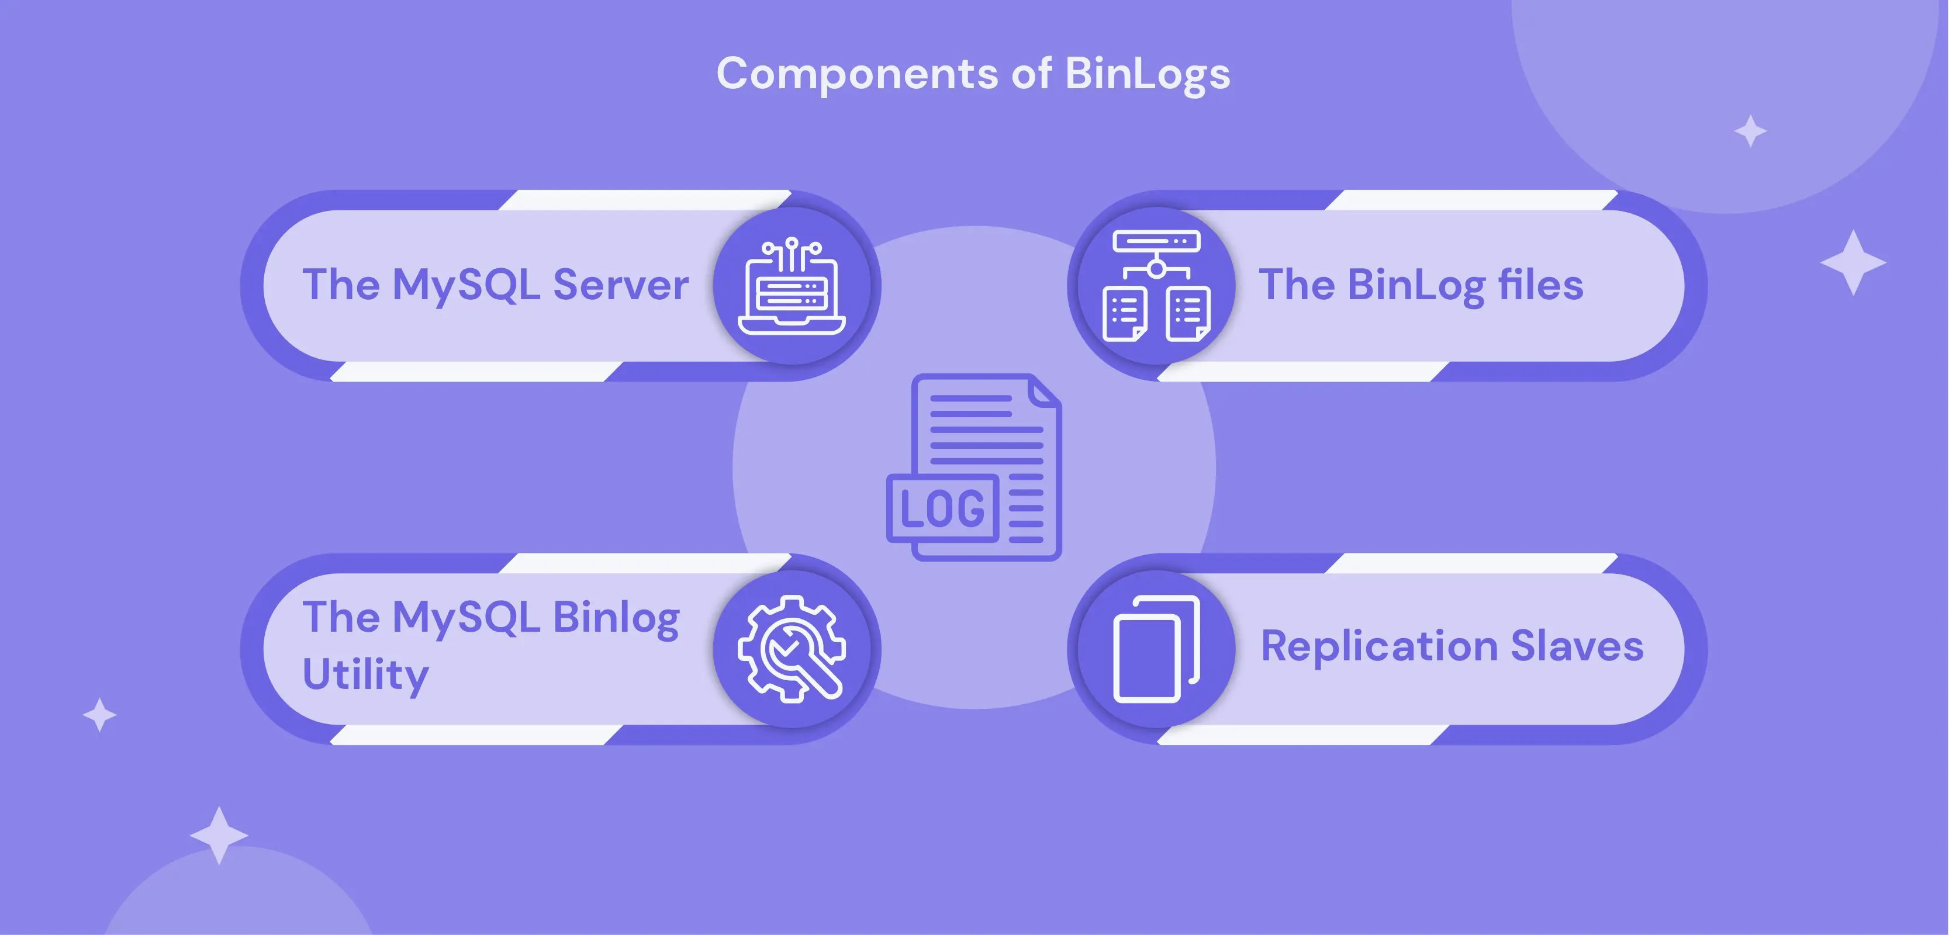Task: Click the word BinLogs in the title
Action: click(1147, 74)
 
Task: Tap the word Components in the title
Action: click(857, 74)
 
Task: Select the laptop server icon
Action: click(792, 286)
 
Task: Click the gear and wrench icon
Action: click(792, 649)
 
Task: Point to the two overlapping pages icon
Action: click(1156, 649)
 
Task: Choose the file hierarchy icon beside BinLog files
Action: click(1156, 286)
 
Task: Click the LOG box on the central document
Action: click(943, 508)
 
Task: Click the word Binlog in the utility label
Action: click(616, 618)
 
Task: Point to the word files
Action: click(1540, 285)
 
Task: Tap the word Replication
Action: click(1378, 646)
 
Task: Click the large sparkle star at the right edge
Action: click(1853, 262)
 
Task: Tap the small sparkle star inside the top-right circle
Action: click(1750, 131)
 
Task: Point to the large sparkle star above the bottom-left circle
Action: click(219, 835)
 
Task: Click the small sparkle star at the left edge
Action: click(99, 715)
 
